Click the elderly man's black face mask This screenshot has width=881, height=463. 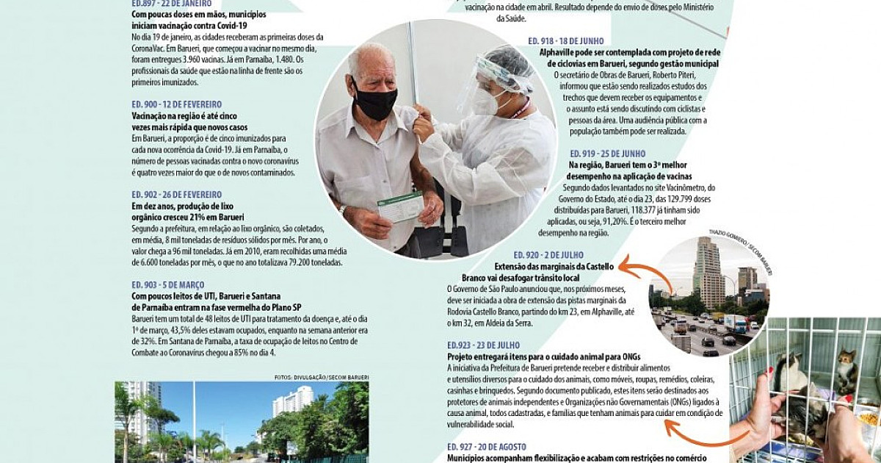[x=375, y=102]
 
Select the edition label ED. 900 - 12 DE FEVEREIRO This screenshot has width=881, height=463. [x=176, y=104]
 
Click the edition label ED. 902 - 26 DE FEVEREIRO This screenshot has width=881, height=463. [x=176, y=195]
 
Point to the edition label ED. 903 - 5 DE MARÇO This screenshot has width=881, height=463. [x=168, y=284]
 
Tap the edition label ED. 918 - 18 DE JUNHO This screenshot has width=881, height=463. [x=576, y=41]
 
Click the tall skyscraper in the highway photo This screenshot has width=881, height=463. [x=708, y=272]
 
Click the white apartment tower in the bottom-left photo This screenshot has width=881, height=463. [x=292, y=402]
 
